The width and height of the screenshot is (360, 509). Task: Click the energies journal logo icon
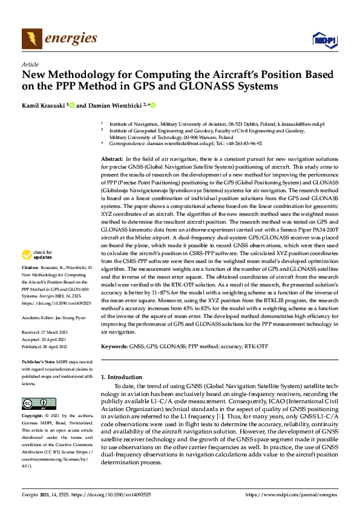(x=31, y=39)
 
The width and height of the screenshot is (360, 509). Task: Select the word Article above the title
(x=30, y=64)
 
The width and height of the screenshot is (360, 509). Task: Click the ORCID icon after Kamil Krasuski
(x=72, y=105)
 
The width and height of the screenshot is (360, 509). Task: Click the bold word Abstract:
(x=113, y=158)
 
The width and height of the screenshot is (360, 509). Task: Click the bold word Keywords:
(x=115, y=347)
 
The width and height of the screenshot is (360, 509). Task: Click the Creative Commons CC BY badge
(x=35, y=403)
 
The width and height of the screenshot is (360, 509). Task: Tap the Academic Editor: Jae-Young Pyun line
(x=54, y=316)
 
